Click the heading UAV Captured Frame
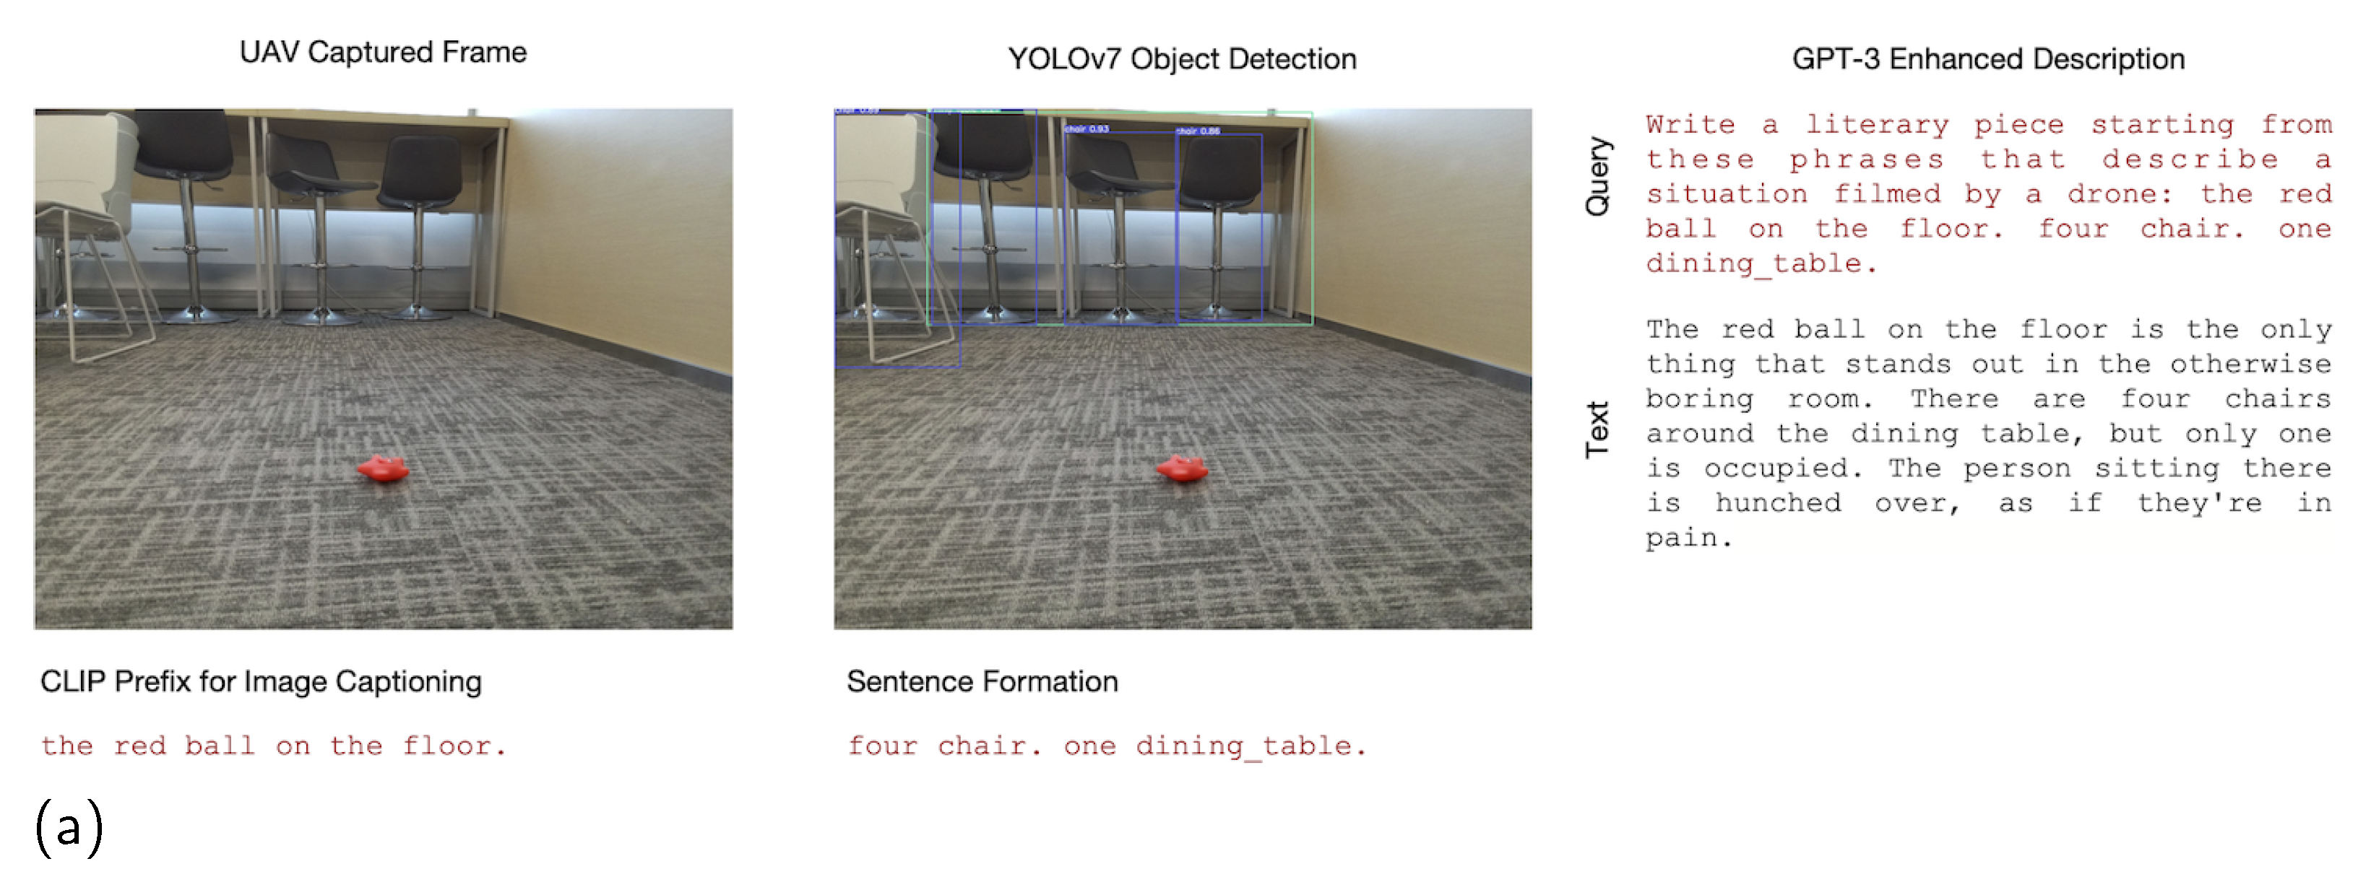(x=383, y=52)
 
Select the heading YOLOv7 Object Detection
(x=1182, y=58)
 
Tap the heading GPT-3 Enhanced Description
(x=1988, y=58)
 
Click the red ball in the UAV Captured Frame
(x=383, y=469)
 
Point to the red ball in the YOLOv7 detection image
(x=1182, y=469)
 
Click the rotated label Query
(x=1597, y=175)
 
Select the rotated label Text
(x=1597, y=428)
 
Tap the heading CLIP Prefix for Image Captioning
(x=261, y=681)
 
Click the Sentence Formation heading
(x=982, y=681)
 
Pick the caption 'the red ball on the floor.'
(x=273, y=746)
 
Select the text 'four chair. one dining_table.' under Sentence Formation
(x=1107, y=746)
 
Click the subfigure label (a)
(x=69, y=826)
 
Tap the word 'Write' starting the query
(x=1690, y=124)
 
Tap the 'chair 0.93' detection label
(x=1087, y=129)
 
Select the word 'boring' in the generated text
(x=1700, y=399)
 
